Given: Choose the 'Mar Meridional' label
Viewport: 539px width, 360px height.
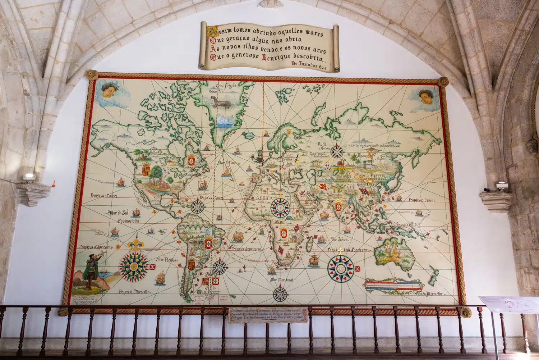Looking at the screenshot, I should pos(281,279).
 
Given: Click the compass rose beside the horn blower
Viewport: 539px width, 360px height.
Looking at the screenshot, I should pos(134,266).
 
